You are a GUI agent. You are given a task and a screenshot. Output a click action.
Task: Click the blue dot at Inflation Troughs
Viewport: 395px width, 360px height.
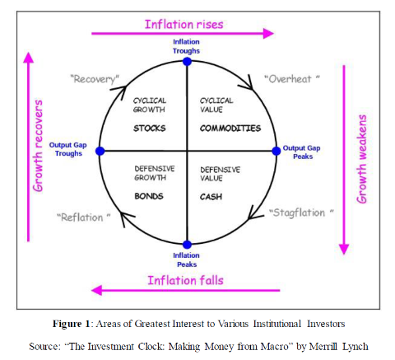point(187,62)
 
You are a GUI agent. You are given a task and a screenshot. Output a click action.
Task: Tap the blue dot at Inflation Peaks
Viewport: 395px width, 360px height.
point(187,244)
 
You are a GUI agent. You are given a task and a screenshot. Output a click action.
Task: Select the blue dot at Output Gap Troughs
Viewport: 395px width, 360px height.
point(100,151)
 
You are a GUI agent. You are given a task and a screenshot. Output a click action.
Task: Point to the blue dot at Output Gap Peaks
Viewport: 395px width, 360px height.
point(276,151)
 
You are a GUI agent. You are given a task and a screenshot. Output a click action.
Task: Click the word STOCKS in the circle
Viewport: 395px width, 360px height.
point(150,129)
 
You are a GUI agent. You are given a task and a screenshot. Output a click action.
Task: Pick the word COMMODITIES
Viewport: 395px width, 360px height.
point(230,129)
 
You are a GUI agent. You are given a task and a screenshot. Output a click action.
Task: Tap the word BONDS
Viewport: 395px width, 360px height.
point(149,196)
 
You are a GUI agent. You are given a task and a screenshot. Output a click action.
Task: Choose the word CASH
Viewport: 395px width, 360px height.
point(211,197)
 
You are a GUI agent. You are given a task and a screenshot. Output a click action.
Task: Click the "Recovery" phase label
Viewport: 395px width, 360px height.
point(95,79)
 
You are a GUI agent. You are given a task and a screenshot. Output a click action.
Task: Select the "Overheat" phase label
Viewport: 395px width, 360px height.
point(292,79)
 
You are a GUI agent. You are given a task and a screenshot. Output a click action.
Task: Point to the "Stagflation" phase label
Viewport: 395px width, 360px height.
point(301,213)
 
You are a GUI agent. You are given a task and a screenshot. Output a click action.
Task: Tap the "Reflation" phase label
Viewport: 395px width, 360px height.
point(84,217)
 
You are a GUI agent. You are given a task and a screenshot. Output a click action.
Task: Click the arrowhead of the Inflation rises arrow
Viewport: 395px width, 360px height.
point(268,34)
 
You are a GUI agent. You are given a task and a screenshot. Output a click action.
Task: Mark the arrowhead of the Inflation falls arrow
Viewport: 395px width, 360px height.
point(96,290)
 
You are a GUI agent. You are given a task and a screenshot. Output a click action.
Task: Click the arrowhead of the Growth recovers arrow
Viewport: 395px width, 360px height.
point(28,58)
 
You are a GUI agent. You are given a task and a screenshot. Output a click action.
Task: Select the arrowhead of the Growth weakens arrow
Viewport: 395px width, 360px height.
point(344,249)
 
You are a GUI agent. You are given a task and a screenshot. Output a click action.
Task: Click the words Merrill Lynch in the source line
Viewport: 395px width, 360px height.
point(339,347)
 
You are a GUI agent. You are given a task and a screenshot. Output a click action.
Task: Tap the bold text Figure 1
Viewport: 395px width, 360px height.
point(72,324)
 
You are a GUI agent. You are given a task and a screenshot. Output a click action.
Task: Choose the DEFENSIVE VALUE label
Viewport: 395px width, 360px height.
point(220,174)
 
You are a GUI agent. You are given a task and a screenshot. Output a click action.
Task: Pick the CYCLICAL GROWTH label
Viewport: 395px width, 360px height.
point(150,105)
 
